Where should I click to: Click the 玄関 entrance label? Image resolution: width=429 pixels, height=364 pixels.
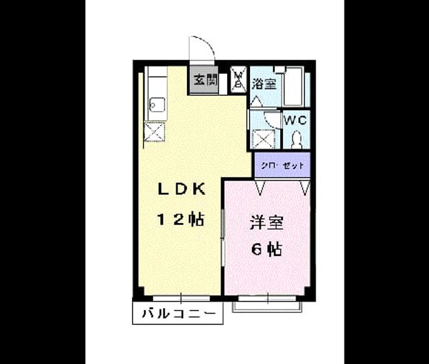coord(206,80)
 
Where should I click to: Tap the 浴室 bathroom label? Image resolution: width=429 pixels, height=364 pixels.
coord(264,83)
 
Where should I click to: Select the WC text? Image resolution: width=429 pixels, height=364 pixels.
coord(296,120)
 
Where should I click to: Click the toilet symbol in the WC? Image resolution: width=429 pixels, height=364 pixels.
coord(296,140)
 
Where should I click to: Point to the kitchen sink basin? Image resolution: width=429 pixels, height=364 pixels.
coord(158,104)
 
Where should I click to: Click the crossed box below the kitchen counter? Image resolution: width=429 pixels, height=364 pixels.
coord(154,132)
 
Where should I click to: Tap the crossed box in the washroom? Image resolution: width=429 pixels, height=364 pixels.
coord(263,139)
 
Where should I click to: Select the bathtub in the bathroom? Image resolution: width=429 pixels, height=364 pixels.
coord(293,87)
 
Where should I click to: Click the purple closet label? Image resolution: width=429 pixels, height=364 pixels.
coord(282,166)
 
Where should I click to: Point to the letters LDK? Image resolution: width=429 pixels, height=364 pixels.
coord(182,189)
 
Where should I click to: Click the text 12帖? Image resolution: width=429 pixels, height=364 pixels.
coord(180,220)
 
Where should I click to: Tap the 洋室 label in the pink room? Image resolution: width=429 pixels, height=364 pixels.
coord(266,222)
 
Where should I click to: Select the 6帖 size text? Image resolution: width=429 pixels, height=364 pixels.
coord(267,249)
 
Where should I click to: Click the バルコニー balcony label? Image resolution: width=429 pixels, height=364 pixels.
coord(178,313)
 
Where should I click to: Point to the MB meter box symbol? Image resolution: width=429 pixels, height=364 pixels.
coord(239,79)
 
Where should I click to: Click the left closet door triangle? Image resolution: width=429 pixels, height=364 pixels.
coord(260,187)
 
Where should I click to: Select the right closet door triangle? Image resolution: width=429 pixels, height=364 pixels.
coord(305,187)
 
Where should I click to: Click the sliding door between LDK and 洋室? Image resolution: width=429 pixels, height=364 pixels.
coord(223,237)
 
